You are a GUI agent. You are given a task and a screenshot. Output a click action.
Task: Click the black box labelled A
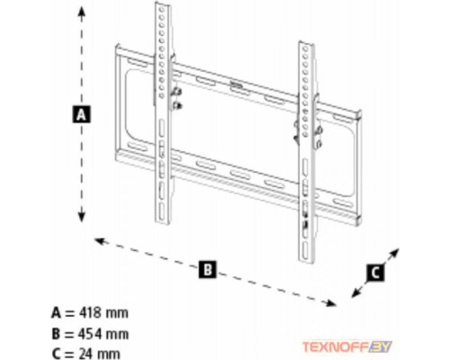[81, 114]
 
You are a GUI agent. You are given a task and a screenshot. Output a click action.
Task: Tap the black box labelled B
[207, 269]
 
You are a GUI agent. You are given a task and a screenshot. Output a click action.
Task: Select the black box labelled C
[375, 273]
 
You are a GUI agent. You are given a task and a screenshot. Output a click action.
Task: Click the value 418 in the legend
[90, 313]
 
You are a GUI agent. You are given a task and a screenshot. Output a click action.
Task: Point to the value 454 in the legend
[90, 334]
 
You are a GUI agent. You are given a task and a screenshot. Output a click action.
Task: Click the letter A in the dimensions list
[56, 313]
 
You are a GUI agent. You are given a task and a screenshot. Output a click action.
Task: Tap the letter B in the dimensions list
[56, 334]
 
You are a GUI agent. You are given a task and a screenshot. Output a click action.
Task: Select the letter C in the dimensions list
[56, 354]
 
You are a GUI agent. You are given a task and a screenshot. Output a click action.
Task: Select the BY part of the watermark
[381, 346]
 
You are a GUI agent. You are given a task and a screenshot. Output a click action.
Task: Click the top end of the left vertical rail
[163, 4]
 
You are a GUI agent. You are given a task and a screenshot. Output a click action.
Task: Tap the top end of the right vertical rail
[306, 44]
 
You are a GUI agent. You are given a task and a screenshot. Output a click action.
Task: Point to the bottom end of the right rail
[307, 260]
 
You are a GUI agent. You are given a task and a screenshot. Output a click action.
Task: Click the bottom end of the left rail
[163, 222]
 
